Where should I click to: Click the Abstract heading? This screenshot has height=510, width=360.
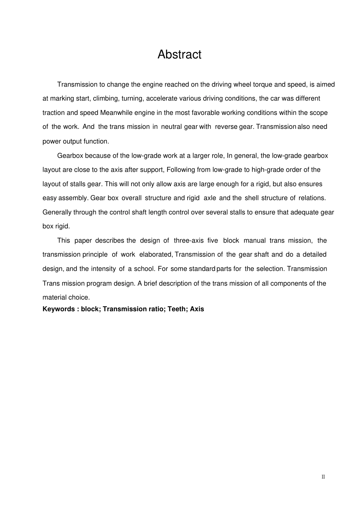coord(179,55)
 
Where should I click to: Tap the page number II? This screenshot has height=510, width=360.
coord(323,477)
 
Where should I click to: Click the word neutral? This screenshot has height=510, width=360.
coord(171,127)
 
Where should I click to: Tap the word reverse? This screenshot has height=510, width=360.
coord(226,127)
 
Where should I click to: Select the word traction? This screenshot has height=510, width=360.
coord(54,113)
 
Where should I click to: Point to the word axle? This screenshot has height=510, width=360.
coord(210,198)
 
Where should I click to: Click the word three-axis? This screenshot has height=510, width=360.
coord(188,240)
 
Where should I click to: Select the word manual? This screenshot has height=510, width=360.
coord(255,240)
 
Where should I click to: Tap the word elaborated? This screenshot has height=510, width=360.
coord(156,254)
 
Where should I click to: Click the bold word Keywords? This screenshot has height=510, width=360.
coord(59,309)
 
